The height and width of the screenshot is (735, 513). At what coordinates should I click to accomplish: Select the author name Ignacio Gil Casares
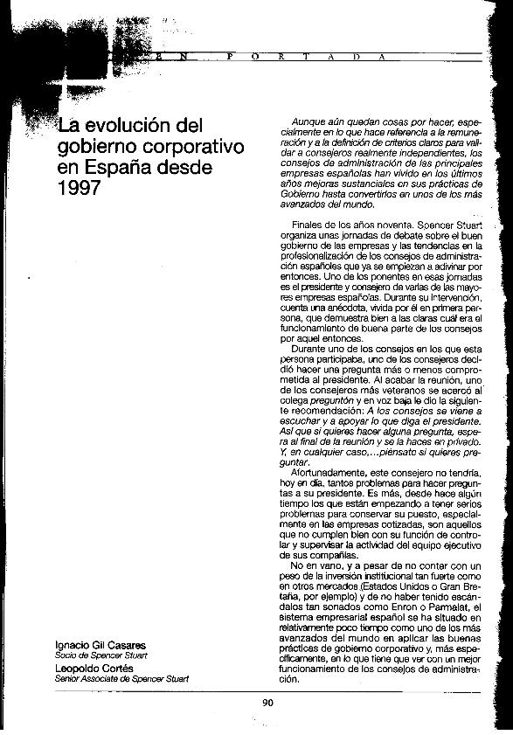pyautogui.click(x=100, y=646)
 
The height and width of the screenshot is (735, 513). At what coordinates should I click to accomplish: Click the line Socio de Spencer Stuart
pyautogui.click(x=100, y=655)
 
